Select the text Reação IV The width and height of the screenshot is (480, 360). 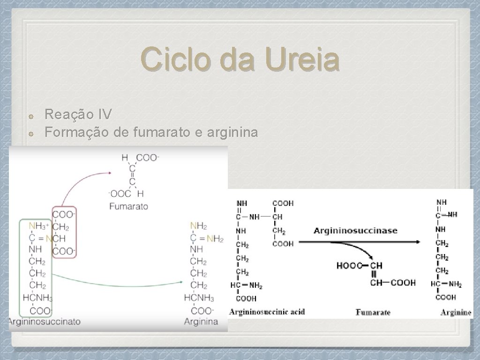[78, 114]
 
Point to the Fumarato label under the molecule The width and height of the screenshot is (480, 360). [128, 206]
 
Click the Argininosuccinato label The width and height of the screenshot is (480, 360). [44, 322]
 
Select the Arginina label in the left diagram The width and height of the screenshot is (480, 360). [201, 322]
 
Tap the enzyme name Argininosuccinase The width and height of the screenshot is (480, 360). [355, 231]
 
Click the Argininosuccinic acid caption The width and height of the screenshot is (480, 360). [267, 312]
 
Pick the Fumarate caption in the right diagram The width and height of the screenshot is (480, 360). [373, 312]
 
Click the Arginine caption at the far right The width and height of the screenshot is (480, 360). [456, 312]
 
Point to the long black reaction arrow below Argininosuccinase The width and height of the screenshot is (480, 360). [359, 242]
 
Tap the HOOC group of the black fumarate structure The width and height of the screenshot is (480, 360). [349, 266]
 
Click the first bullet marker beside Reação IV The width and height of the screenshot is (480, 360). [29, 115]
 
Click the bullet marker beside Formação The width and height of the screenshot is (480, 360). [29, 134]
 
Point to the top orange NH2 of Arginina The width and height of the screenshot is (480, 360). [198, 226]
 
